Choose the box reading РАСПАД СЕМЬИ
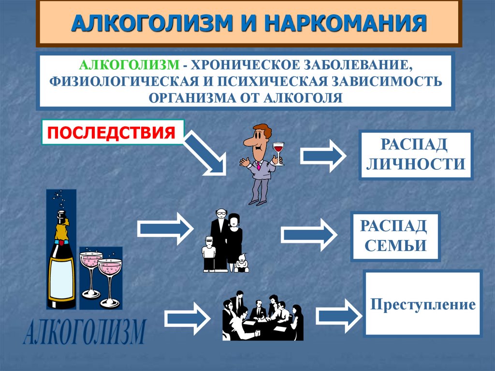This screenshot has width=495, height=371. coord(395,236)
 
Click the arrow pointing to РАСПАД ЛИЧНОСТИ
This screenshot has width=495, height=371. coord(322,155)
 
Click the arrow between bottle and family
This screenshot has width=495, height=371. coord(165,227)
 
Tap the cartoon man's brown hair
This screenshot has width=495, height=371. coord(263,130)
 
